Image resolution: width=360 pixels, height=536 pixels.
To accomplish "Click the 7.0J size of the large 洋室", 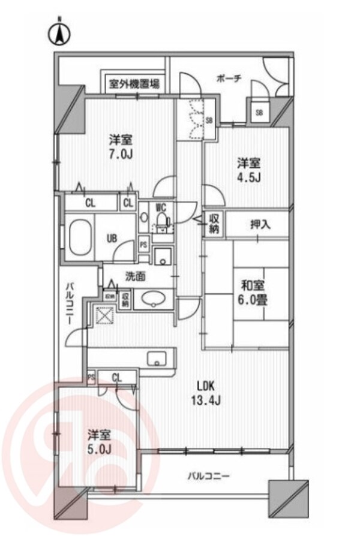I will coord(121,155).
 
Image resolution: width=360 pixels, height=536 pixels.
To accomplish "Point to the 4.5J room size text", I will coord(248,177).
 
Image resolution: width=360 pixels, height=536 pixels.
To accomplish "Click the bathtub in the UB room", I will coord(80,238).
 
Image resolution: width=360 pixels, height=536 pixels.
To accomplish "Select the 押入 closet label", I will coord(260,225).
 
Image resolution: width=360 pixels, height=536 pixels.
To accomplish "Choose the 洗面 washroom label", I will coord(135,277).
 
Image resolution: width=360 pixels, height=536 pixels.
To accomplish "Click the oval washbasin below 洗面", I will coord(154,299).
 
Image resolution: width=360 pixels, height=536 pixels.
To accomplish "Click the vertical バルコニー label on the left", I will coord(70,304).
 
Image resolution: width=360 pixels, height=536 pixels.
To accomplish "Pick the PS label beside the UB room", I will coord(143,245).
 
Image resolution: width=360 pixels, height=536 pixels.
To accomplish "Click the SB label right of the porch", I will coord(259,112).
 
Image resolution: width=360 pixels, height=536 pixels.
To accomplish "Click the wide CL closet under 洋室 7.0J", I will coord(90,203).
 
